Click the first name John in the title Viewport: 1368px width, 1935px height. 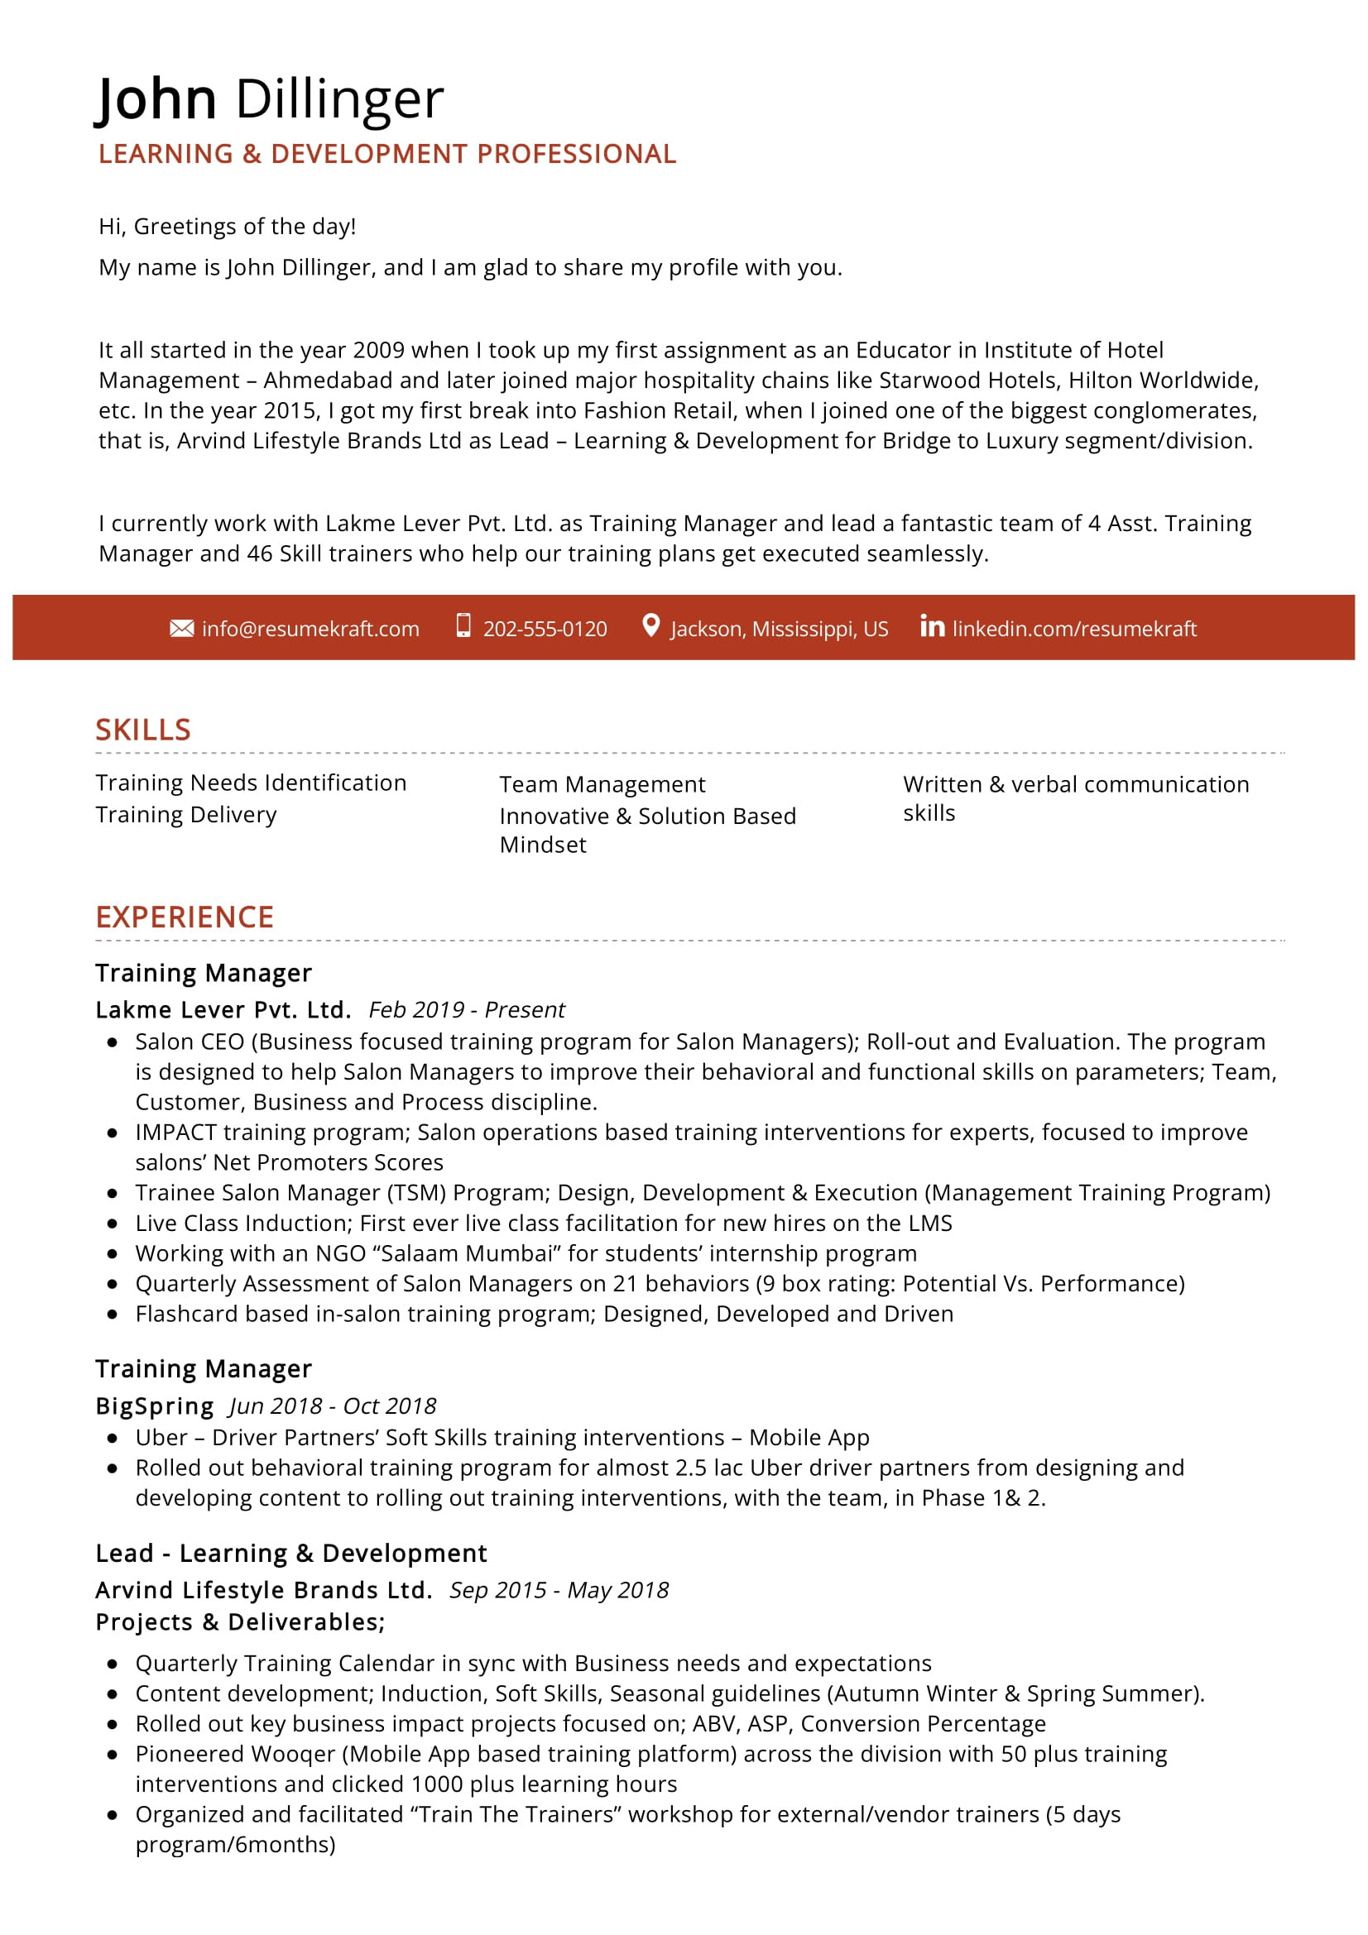pyautogui.click(x=156, y=99)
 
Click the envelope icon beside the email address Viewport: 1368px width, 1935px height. pyautogui.click(x=181, y=629)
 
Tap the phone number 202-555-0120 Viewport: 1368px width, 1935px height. pyautogui.click(x=545, y=630)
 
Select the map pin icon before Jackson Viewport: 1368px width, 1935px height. pyautogui.click(x=650, y=625)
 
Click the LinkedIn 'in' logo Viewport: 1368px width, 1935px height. pyautogui.click(x=931, y=626)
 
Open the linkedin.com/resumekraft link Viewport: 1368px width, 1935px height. pyautogui.click(x=1074, y=630)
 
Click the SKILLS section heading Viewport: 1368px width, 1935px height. pyautogui.click(x=143, y=730)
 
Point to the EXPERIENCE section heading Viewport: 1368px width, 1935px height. pyautogui.click(x=185, y=917)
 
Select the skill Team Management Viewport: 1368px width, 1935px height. pyautogui.click(x=602, y=784)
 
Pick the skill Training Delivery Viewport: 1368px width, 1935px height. pyautogui.click(x=186, y=815)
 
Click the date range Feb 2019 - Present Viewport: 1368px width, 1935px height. pyautogui.click(x=467, y=1009)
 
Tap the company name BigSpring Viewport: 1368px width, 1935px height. pyautogui.click(x=155, y=1406)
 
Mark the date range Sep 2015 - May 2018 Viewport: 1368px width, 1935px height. pyautogui.click(x=559, y=1590)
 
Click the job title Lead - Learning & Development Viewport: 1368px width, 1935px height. pyautogui.click(x=290, y=1554)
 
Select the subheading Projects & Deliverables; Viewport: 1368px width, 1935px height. pyautogui.click(x=240, y=1622)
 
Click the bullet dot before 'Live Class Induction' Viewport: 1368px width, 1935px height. pyautogui.click(x=112, y=1224)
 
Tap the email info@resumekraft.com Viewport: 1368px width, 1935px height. pyautogui.click(x=310, y=630)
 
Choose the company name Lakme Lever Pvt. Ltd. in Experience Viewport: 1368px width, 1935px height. pyautogui.click(x=223, y=1009)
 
